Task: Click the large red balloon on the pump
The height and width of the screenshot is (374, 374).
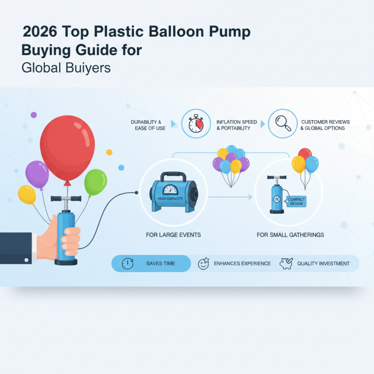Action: pyautogui.click(x=67, y=143)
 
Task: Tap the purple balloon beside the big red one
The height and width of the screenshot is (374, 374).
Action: pyautogui.click(x=37, y=174)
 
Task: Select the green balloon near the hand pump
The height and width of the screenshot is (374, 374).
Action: pyautogui.click(x=95, y=182)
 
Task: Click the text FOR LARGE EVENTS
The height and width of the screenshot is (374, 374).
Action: pyautogui.click(x=173, y=234)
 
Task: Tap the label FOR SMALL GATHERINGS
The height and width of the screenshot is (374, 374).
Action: pyautogui.click(x=290, y=234)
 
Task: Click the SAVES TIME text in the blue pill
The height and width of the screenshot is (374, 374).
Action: pyautogui.click(x=160, y=264)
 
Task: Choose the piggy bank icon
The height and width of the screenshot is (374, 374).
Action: pyautogui.click(x=286, y=263)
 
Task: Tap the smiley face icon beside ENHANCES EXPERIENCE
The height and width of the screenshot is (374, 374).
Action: pyautogui.click(x=203, y=264)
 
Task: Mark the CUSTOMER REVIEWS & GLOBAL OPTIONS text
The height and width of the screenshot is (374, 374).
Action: pyautogui.click(x=325, y=125)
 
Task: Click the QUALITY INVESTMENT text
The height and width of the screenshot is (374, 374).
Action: pyautogui.click(x=323, y=264)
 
